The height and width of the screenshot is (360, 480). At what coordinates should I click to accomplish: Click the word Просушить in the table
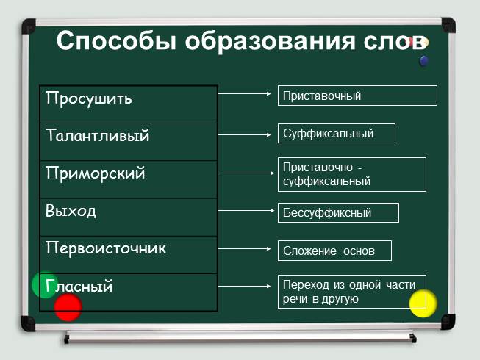click(89, 98)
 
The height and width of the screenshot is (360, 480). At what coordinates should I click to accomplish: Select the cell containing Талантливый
click(98, 137)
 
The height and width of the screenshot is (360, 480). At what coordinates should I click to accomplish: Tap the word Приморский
click(96, 175)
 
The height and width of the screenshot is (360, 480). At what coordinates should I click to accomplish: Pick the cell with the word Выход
click(71, 212)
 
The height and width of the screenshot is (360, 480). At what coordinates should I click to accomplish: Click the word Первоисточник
click(106, 249)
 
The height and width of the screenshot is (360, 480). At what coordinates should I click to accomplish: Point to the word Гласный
click(79, 287)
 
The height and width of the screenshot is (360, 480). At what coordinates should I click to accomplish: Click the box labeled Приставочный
click(357, 96)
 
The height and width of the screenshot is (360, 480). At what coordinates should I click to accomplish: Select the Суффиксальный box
click(336, 134)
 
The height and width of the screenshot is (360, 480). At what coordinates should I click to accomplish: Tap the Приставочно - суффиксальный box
click(351, 174)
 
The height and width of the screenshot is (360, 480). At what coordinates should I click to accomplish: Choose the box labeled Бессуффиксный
click(337, 213)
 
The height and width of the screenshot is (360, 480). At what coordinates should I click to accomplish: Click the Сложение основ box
click(334, 251)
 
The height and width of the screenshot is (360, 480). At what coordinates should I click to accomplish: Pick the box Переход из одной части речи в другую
click(351, 292)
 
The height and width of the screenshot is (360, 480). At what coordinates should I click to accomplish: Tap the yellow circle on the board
click(423, 303)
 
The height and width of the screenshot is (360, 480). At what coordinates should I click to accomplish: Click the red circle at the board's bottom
click(68, 307)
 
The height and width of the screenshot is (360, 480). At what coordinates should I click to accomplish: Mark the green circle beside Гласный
click(44, 285)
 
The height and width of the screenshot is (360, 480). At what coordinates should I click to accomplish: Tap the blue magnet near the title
click(423, 61)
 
